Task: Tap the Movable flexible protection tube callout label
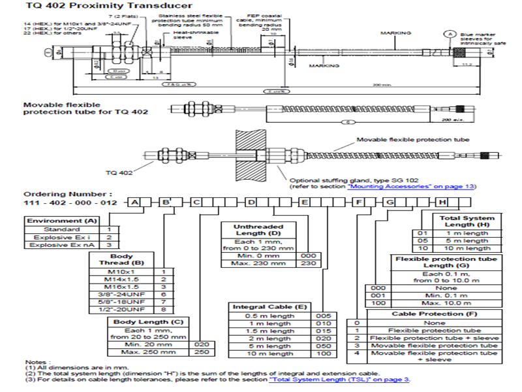click(412, 140)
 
